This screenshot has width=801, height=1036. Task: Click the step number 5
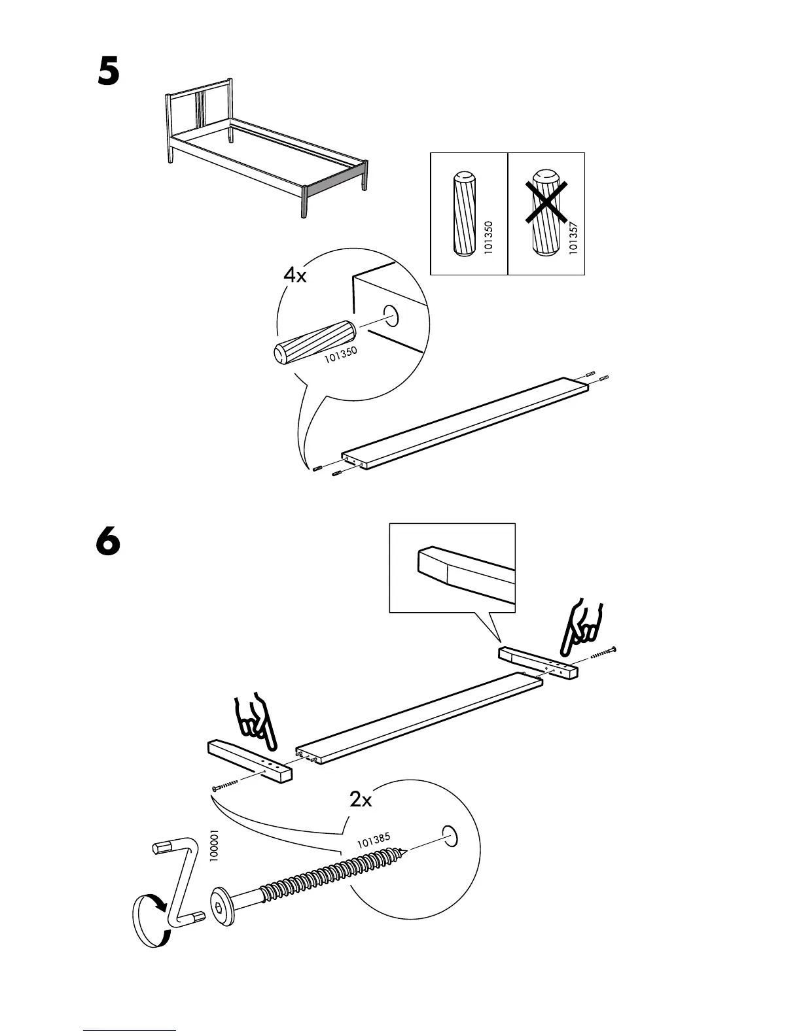[x=109, y=73]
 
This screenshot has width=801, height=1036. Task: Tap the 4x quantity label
[x=294, y=275]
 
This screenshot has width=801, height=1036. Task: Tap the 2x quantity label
[x=361, y=799]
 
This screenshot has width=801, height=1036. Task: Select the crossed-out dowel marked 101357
[x=545, y=213]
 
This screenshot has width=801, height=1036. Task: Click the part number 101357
[x=573, y=238]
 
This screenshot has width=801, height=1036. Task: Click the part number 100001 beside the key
[x=213, y=847]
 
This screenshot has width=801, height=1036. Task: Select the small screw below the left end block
[x=226, y=785]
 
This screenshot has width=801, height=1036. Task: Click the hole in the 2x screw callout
[x=450, y=835]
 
